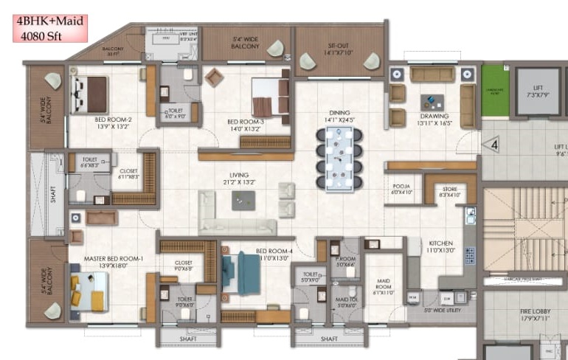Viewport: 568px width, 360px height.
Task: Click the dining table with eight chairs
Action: coord(339,157)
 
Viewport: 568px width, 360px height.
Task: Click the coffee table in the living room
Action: coord(243,200)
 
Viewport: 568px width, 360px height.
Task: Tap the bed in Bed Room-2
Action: coord(89,94)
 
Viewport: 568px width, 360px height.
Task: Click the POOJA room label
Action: coord(401,187)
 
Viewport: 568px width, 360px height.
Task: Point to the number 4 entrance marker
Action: coord(493,145)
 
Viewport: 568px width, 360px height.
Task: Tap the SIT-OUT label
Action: coord(340,49)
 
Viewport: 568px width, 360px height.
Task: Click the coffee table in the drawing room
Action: coord(429,101)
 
